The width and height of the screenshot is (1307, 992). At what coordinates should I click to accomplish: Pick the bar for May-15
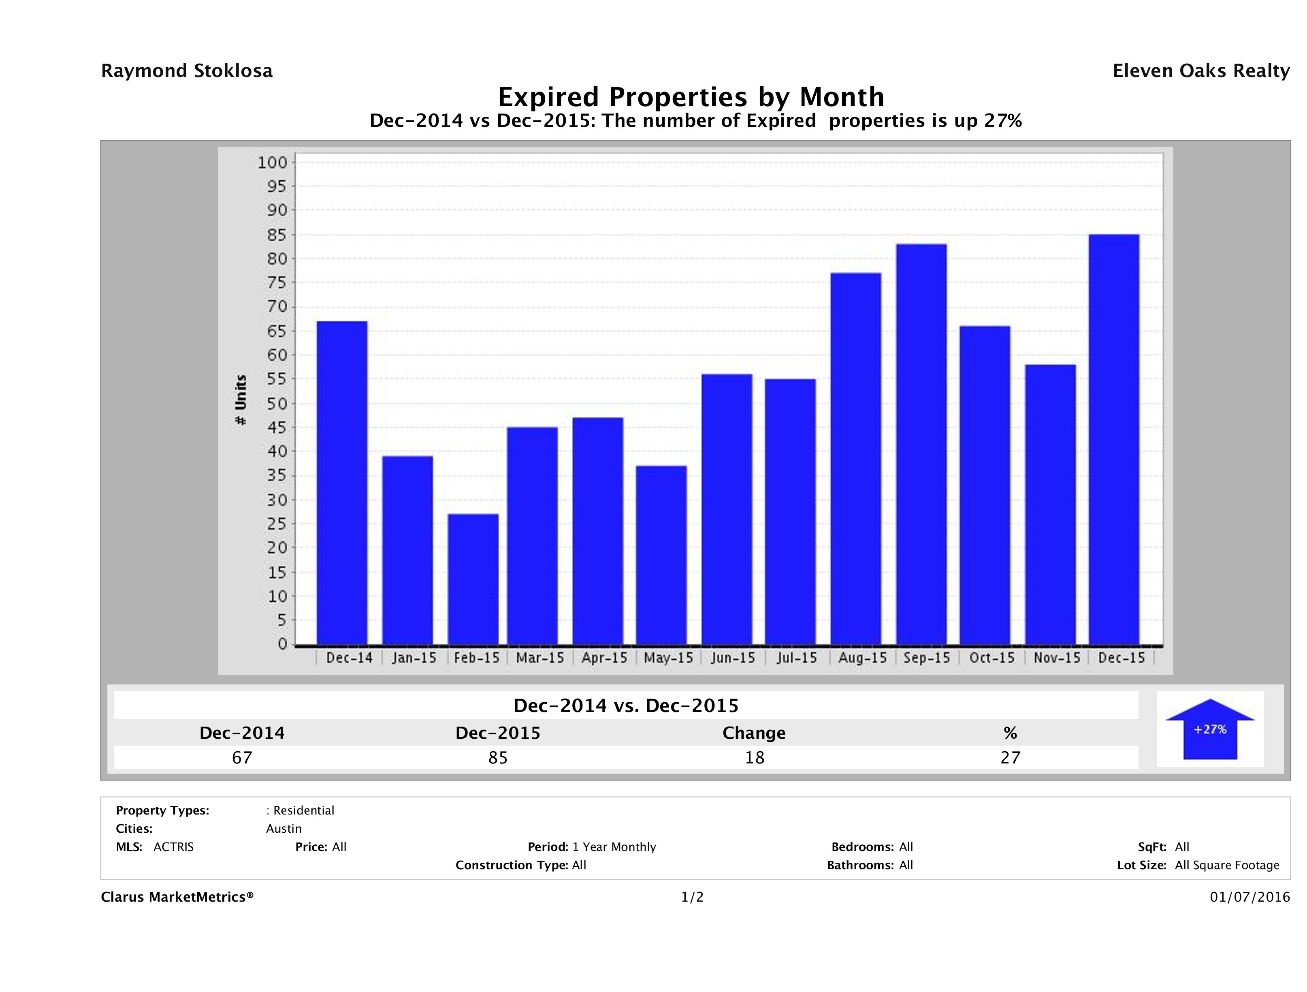pyautogui.click(x=661, y=555)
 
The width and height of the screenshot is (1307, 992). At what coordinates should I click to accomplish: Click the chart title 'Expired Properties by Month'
pyautogui.click(x=691, y=96)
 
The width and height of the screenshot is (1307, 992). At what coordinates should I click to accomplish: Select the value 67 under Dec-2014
pyautogui.click(x=242, y=757)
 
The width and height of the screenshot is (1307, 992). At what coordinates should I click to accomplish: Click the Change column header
pyautogui.click(x=754, y=733)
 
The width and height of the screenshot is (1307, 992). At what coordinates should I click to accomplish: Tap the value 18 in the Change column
pyautogui.click(x=755, y=757)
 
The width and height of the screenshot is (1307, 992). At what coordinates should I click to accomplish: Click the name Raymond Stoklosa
pyautogui.click(x=187, y=71)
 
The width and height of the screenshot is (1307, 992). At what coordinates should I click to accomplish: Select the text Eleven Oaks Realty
pyautogui.click(x=1200, y=71)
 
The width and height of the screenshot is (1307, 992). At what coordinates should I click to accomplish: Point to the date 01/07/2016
pyautogui.click(x=1249, y=897)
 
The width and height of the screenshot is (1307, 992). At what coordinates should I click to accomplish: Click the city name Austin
pyautogui.click(x=284, y=829)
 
